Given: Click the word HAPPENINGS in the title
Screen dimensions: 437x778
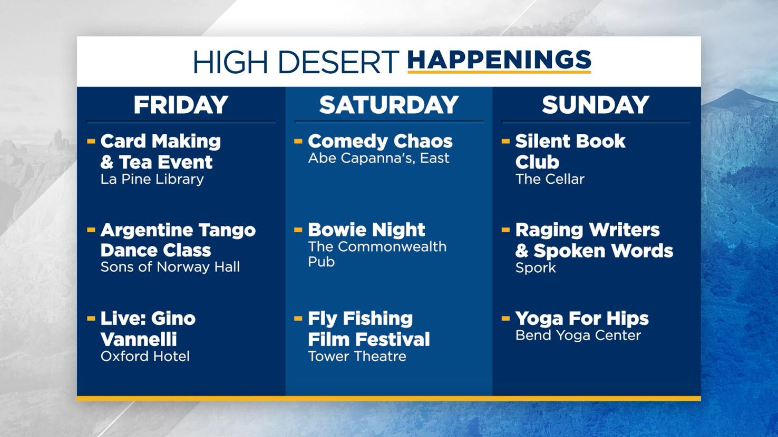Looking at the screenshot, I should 499,61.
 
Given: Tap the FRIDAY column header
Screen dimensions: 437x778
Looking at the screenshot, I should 181,105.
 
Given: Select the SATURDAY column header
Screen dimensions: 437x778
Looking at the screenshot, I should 389,105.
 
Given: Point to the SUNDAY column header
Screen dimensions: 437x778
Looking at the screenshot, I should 596,105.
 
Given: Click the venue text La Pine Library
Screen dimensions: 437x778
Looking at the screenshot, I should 152,179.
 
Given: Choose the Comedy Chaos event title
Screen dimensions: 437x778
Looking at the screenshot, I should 380,141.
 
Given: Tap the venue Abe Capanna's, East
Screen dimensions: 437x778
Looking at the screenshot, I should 378,158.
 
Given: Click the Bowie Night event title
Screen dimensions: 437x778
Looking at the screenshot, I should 366,230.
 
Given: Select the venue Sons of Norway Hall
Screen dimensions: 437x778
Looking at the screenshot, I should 170,267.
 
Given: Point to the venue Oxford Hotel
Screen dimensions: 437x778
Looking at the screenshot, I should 145,356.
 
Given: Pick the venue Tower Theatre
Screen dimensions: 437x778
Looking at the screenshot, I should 357,356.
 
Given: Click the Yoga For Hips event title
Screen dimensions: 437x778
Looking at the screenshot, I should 582,319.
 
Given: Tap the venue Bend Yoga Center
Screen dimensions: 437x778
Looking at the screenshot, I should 578,335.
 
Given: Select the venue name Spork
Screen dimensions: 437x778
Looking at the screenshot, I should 536,267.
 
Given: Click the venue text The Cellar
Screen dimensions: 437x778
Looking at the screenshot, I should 550,179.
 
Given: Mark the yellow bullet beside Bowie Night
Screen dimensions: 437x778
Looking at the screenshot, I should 298,230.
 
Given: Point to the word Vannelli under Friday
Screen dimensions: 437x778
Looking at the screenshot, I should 139,339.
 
